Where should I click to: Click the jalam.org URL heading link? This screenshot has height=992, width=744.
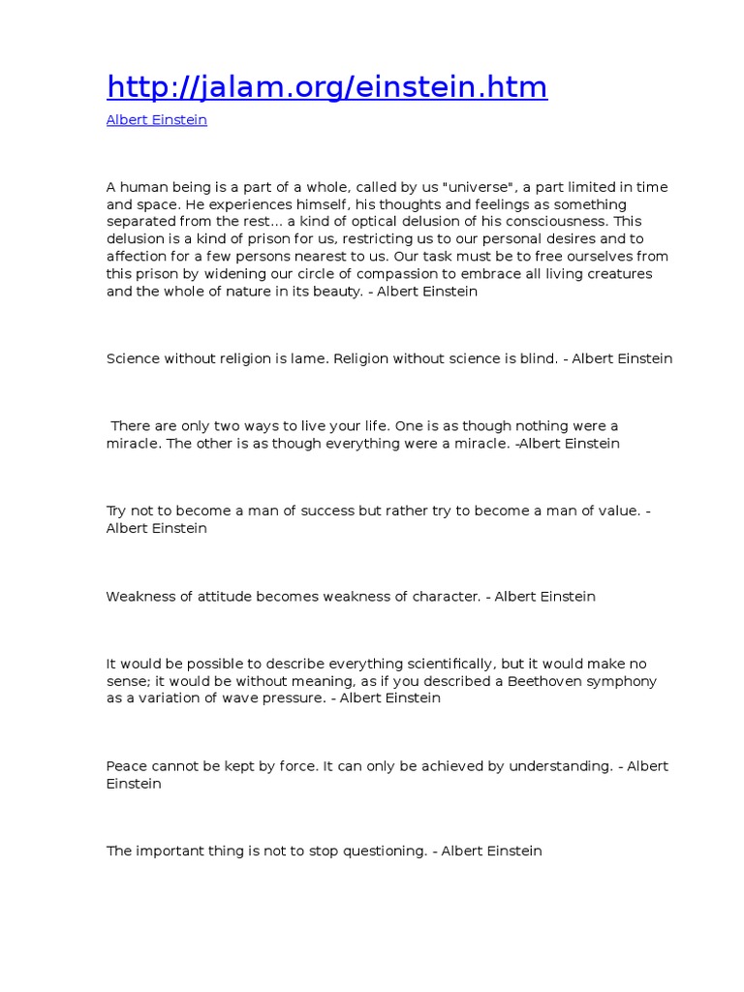[326, 87]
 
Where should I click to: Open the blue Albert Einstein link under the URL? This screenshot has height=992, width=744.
[156, 120]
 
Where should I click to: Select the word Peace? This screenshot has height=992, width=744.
[125, 766]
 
